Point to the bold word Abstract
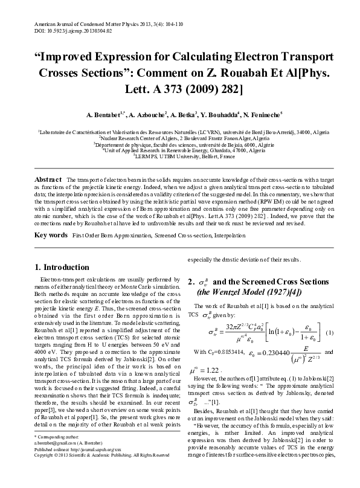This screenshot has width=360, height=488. pyautogui.click(x=48, y=180)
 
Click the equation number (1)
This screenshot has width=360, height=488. pyautogui.click(x=330, y=332)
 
